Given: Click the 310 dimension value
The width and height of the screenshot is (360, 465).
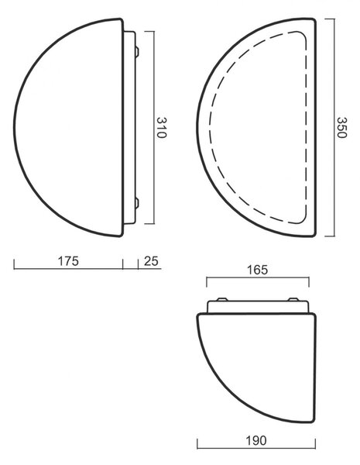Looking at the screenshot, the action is [162, 128].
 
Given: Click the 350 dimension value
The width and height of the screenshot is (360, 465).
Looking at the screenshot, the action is [341, 128].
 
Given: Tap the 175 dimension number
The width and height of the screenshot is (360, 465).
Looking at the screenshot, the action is [68, 261].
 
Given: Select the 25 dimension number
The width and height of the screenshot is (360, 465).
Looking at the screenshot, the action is [151, 261].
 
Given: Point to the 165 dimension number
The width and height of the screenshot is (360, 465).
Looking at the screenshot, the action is [257, 270].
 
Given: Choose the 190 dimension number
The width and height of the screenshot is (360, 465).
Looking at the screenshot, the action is [256, 441].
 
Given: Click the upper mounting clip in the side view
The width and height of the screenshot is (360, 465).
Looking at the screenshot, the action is [137, 51].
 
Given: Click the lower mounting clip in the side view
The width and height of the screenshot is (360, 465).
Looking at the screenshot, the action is [137, 203].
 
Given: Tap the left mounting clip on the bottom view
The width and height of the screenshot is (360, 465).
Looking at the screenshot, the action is [222, 299].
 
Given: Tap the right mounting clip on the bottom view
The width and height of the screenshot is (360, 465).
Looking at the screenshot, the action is [293, 299].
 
